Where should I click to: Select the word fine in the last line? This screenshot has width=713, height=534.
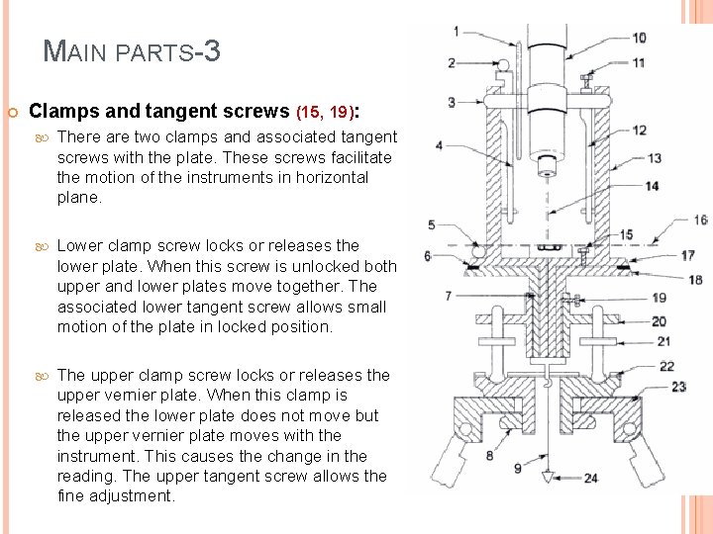(71, 495)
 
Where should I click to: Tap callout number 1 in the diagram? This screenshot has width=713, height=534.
(456, 32)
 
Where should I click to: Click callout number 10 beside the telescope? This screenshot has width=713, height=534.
(639, 38)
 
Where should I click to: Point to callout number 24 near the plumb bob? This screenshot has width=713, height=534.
(591, 479)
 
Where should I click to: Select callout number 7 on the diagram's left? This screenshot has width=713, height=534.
(449, 295)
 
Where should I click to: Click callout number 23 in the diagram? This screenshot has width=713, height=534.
(678, 386)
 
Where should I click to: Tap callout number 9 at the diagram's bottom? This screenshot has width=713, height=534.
(517, 468)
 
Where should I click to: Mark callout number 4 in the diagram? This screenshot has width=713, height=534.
(439, 145)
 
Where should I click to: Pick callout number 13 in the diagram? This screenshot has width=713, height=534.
(655, 158)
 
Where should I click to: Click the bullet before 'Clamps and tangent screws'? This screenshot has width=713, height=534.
(12, 110)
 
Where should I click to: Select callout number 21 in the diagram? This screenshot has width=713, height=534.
(664, 341)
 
